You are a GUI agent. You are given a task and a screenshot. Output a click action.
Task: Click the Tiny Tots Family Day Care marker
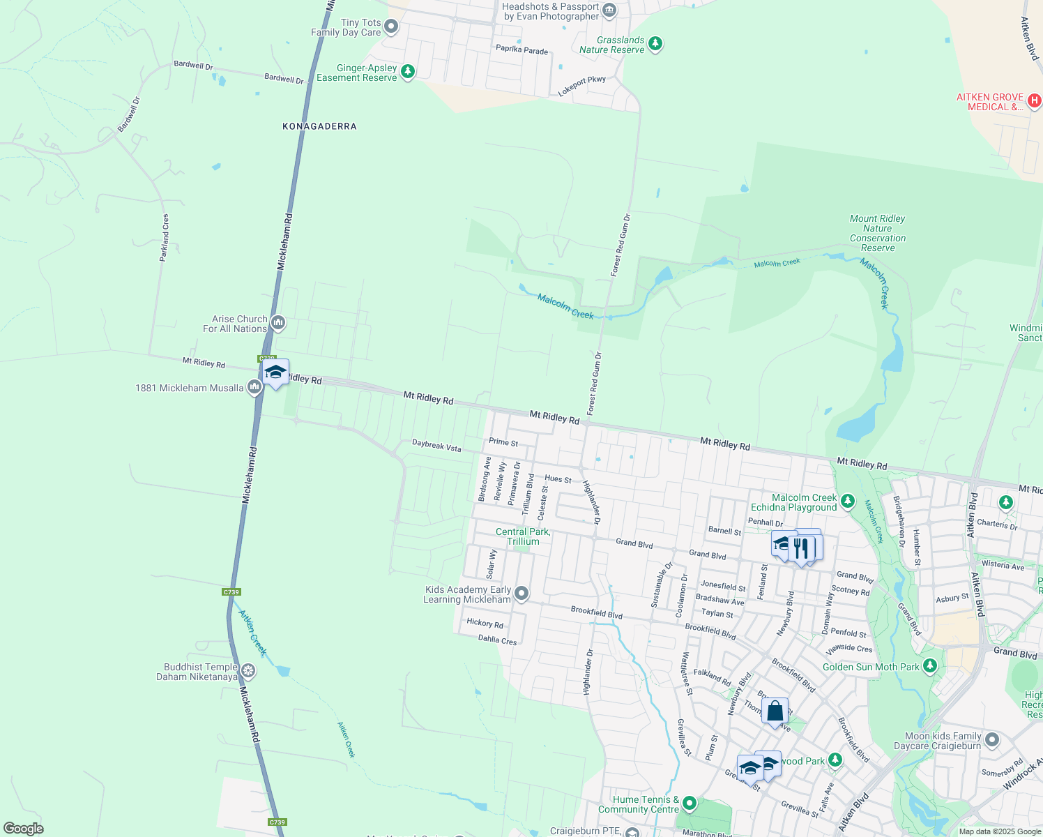[391, 27]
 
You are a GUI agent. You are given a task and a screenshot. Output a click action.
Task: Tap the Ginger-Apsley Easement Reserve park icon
[408, 72]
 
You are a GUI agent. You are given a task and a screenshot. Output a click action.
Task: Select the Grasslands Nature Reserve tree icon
[655, 45]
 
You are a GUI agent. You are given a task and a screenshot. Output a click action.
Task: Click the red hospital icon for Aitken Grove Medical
[1035, 101]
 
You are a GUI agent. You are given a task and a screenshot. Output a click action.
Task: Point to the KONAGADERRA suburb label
[319, 126]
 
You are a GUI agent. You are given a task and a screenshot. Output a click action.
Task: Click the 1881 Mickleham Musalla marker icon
[254, 387]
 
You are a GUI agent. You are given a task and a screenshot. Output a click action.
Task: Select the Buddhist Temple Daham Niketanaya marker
[248, 671]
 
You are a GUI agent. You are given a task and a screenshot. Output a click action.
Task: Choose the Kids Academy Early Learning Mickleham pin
[521, 594]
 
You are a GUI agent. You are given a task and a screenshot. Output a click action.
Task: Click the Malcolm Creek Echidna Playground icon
[848, 501]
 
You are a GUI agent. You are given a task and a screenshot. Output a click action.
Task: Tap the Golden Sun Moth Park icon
[929, 666]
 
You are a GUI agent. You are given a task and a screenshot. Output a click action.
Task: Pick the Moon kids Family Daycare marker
[992, 740]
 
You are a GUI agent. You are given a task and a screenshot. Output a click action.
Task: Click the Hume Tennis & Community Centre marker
[690, 804]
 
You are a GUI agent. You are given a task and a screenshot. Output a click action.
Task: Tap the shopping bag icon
[775, 711]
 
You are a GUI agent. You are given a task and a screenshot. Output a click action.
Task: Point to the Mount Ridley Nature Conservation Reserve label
[877, 233]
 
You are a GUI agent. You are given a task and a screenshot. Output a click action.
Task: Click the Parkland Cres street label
[165, 238]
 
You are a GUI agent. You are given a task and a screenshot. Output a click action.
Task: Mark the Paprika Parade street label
[521, 51]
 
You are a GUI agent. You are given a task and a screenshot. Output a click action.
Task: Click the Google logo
[24, 828]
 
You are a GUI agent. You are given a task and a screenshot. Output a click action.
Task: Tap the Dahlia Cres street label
[497, 640]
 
